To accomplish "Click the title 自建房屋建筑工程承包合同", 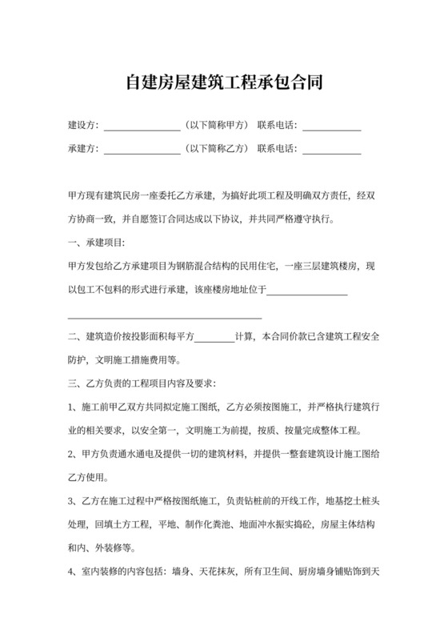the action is pyautogui.click(x=224, y=82).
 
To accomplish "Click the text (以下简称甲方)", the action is pyautogui.click(x=215, y=126).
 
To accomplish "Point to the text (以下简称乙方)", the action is pyautogui.click(x=215, y=149).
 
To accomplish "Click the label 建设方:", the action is pyautogui.click(x=84, y=126).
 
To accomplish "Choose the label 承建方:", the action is pyautogui.click(x=84, y=149).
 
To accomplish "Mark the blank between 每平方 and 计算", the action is pyautogui.click(x=214, y=339).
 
